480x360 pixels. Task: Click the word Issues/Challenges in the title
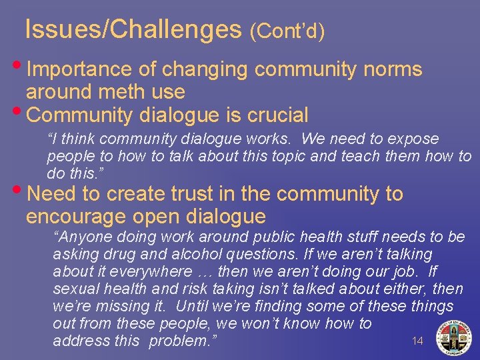click(133, 29)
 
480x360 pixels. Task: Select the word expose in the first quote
click(416, 139)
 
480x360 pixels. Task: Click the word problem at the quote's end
click(181, 341)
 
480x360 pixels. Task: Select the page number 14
click(417, 341)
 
